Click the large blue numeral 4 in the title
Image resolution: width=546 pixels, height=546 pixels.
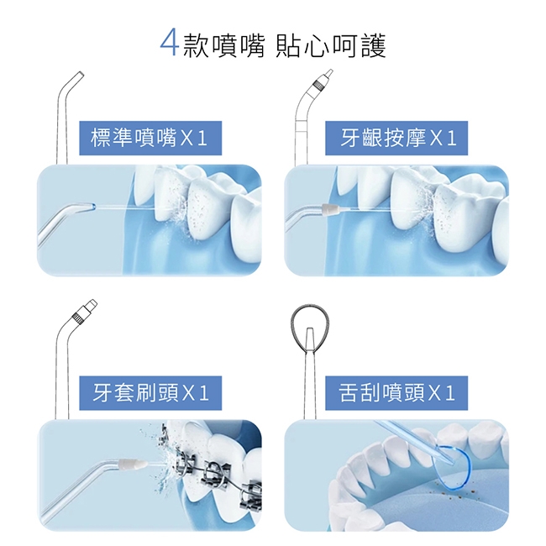tap(170, 44)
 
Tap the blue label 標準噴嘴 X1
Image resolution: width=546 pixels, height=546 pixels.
tap(149, 138)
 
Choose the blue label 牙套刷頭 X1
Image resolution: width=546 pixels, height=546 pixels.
tap(149, 391)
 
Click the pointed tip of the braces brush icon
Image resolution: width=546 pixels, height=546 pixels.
tap(87, 307)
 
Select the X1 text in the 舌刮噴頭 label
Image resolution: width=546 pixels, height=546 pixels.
tap(443, 391)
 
